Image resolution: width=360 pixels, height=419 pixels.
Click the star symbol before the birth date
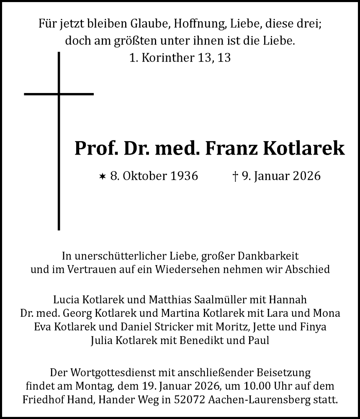click(102, 176)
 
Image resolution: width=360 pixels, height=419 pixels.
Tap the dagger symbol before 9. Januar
click(235, 176)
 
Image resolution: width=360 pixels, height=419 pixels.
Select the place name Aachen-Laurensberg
click(267, 398)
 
